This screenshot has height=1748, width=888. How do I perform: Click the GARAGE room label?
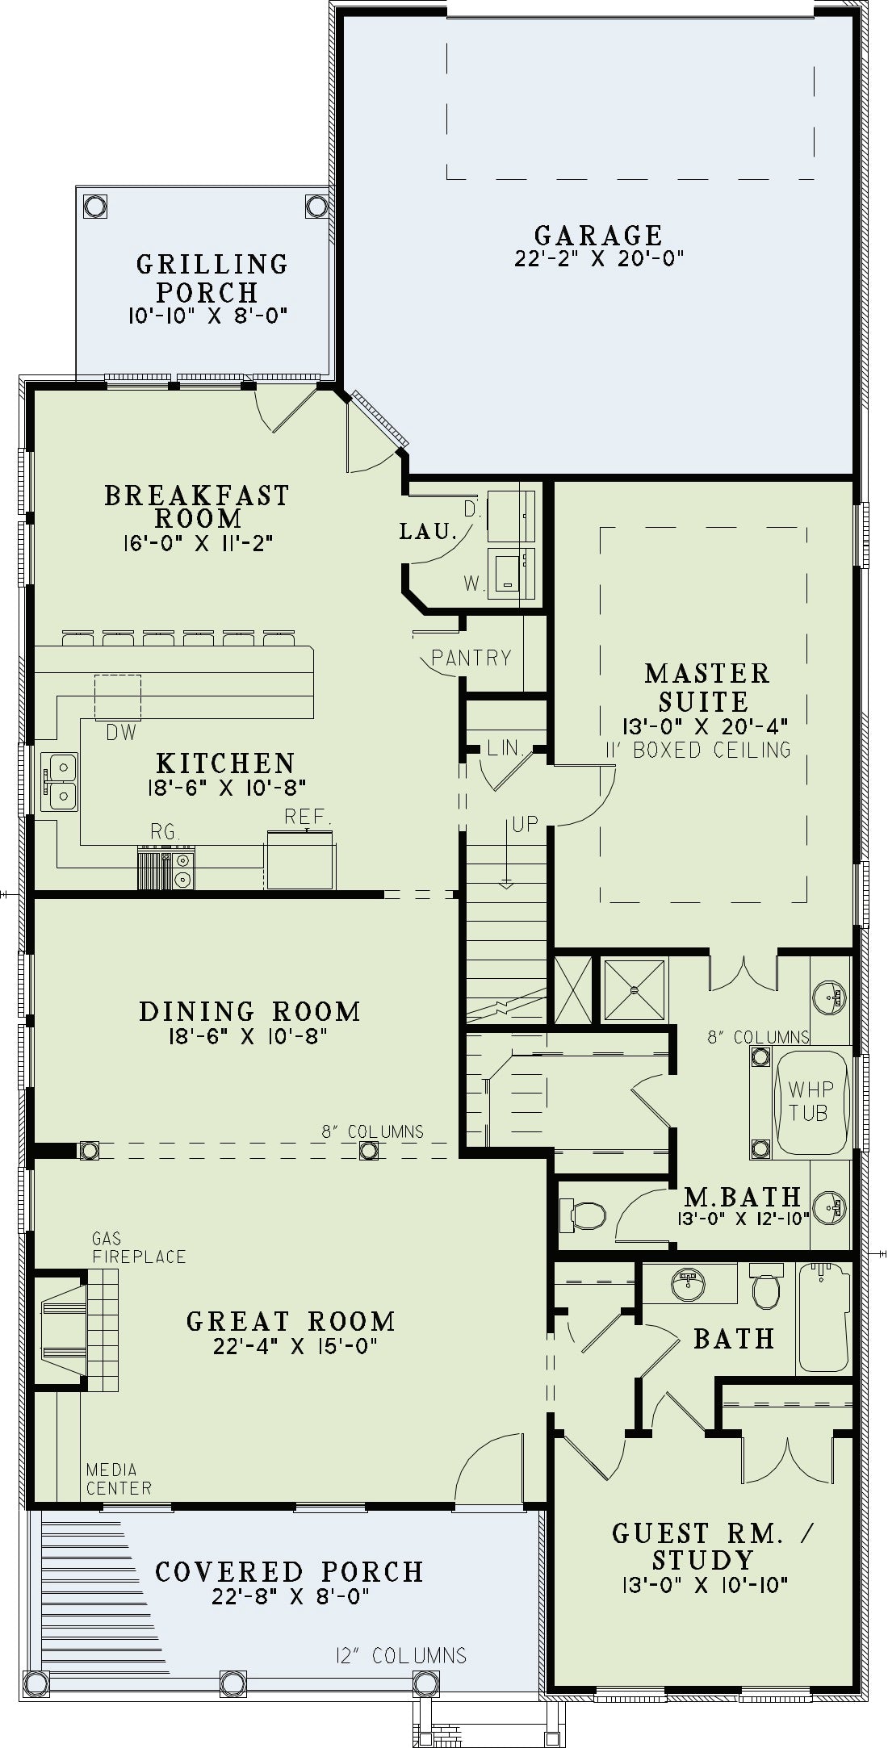click(598, 236)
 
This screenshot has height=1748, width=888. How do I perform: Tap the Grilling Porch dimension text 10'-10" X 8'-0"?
click(208, 315)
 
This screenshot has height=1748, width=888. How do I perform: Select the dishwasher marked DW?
click(118, 697)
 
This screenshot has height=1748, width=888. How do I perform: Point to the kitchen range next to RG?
click(166, 868)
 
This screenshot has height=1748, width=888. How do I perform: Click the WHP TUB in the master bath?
click(809, 1102)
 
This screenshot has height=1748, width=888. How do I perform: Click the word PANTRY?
click(471, 658)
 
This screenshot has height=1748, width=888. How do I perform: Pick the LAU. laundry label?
click(429, 532)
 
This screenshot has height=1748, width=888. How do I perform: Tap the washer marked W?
click(510, 572)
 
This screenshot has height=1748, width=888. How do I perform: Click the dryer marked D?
click(510, 516)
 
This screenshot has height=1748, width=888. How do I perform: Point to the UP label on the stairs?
click(525, 825)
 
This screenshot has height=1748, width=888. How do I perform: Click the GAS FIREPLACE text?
click(139, 1248)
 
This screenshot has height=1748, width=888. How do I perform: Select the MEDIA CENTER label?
click(119, 1479)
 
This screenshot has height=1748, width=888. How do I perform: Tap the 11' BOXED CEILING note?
click(699, 750)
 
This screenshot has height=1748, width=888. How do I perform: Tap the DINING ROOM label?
click(249, 1011)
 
